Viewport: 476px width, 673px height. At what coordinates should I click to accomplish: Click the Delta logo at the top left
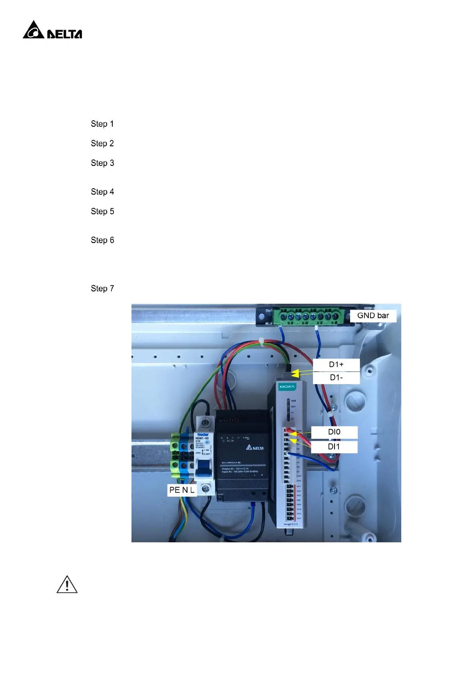pyautogui.click(x=52, y=30)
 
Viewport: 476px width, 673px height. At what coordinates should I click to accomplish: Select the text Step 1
pyautogui.click(x=102, y=124)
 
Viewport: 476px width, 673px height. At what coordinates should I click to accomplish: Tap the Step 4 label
pyautogui.click(x=102, y=192)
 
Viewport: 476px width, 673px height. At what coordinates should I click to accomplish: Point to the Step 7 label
pyautogui.click(x=102, y=289)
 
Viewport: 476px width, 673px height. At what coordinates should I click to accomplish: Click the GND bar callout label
pyautogui.click(x=373, y=316)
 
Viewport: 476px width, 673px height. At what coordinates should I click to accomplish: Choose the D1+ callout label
pyautogui.click(x=336, y=364)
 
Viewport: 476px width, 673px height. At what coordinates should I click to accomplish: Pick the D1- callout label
pyautogui.click(x=336, y=378)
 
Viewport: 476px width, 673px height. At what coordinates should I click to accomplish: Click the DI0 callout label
pyautogui.click(x=334, y=432)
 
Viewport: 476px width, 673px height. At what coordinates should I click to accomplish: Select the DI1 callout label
pyautogui.click(x=334, y=447)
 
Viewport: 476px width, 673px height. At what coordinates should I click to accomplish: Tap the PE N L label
pyautogui.click(x=182, y=490)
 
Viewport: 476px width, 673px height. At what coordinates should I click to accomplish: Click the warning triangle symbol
pyautogui.click(x=67, y=585)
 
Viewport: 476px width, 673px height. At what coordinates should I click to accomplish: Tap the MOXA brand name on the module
pyautogui.click(x=287, y=387)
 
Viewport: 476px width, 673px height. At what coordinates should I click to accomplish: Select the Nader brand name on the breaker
pyautogui.click(x=203, y=434)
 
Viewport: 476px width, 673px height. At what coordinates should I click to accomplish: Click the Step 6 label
pyautogui.click(x=102, y=240)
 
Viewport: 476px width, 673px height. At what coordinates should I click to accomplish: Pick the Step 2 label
pyautogui.click(x=102, y=143)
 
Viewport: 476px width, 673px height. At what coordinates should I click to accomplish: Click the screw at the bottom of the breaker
pyautogui.click(x=206, y=488)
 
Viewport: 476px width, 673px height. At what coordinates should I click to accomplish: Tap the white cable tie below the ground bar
pyautogui.click(x=261, y=342)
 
